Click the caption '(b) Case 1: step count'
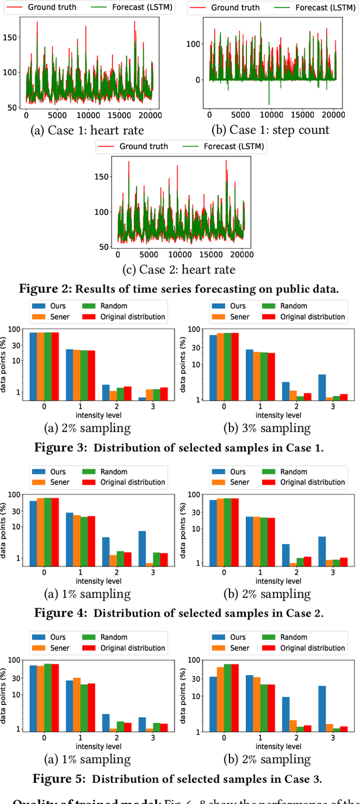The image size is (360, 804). pyautogui.click(x=271, y=131)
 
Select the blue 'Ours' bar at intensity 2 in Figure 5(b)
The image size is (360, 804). pyautogui.click(x=286, y=714)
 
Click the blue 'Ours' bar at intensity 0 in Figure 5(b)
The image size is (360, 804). pyautogui.click(x=213, y=704)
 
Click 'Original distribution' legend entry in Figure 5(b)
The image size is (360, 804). pyautogui.click(x=311, y=648)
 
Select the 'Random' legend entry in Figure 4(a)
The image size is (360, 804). pyautogui.click(x=112, y=471)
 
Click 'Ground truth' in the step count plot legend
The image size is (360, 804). pyautogui.click(x=235, y=8)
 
